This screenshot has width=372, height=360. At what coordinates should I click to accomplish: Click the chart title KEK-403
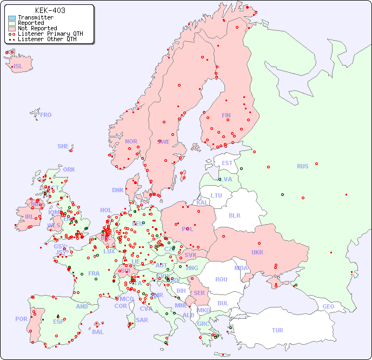[50, 10]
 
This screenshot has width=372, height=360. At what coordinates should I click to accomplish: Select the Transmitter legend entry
[35, 17]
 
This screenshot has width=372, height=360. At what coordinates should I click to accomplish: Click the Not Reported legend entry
[37, 28]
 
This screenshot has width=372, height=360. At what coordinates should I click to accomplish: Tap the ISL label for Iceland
[18, 67]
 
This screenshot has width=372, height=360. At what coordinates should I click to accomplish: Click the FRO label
[46, 115]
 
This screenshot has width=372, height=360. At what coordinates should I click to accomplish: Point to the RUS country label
[302, 166]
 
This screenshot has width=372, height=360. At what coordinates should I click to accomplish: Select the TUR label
[277, 330]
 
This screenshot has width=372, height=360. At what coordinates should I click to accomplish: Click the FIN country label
[226, 115]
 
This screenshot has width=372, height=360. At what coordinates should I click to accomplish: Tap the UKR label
[257, 252]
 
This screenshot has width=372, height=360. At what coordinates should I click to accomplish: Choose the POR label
[21, 319]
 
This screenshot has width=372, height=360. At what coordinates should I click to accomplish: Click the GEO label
[328, 306]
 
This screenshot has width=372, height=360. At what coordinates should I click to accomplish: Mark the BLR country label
[234, 215]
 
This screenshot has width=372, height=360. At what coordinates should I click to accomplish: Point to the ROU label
[221, 279]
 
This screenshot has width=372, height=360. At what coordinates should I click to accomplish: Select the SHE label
[63, 146]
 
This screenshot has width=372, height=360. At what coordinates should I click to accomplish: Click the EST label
[227, 163]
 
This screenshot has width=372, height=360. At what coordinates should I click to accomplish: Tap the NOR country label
[131, 141]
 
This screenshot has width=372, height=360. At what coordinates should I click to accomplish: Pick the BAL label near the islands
[98, 332]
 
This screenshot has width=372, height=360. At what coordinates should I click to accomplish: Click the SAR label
[142, 320]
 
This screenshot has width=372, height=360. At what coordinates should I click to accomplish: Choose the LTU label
[216, 195]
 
